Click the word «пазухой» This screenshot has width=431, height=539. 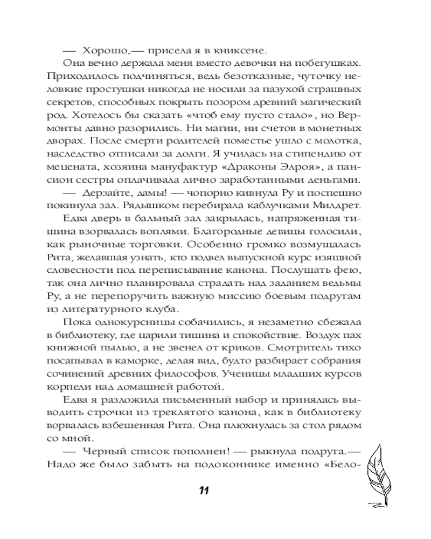pos(282,89)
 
